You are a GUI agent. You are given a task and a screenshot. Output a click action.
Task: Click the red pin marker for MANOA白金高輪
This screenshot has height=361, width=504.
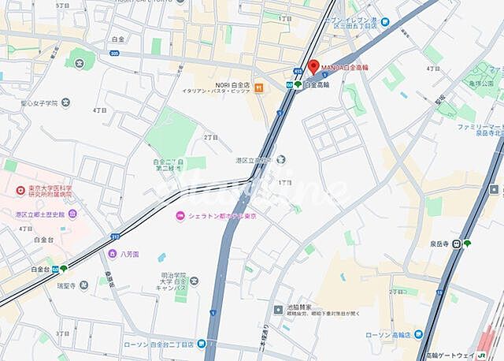pos(313,67)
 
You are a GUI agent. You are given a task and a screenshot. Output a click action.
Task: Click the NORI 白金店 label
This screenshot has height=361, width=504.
pos(232,84)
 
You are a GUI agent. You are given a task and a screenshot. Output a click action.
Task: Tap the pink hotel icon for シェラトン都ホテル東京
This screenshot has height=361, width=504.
pos(180,216)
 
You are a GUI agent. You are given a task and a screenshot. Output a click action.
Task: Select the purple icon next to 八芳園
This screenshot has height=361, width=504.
pos(113,254)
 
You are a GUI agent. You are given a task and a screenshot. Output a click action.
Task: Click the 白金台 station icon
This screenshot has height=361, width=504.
pos(54,269)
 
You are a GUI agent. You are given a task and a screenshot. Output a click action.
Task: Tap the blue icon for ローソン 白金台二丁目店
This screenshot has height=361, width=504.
pos(202,343)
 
